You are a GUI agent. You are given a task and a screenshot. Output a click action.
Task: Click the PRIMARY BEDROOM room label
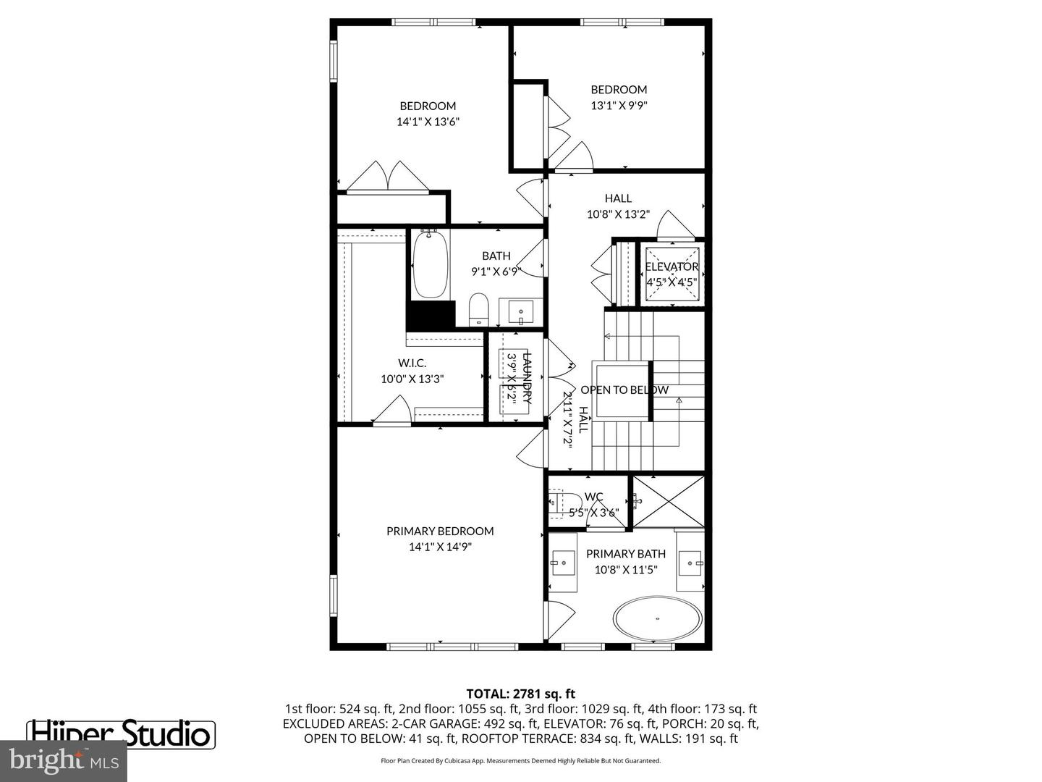coord(440,531)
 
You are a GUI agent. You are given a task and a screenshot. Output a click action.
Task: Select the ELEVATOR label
coord(672,266)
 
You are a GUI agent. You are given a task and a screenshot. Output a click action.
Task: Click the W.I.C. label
coord(412,363)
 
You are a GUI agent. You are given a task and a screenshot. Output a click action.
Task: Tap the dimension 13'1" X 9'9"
coord(619,105)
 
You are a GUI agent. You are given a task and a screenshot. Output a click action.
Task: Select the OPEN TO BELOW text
coord(624,390)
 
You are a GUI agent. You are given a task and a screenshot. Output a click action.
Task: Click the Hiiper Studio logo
coord(121,733)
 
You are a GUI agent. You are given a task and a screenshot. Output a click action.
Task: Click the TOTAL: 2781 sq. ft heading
coord(520,694)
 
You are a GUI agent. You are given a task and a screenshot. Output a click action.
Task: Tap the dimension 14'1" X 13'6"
coord(428,122)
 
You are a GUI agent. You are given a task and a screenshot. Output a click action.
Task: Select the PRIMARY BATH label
coord(626,554)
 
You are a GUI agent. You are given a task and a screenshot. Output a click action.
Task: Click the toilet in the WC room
coord(560,501)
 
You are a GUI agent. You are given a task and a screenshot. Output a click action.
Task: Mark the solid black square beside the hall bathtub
coord(429,315)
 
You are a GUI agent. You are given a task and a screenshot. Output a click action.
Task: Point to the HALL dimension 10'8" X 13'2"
coord(618,214)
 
